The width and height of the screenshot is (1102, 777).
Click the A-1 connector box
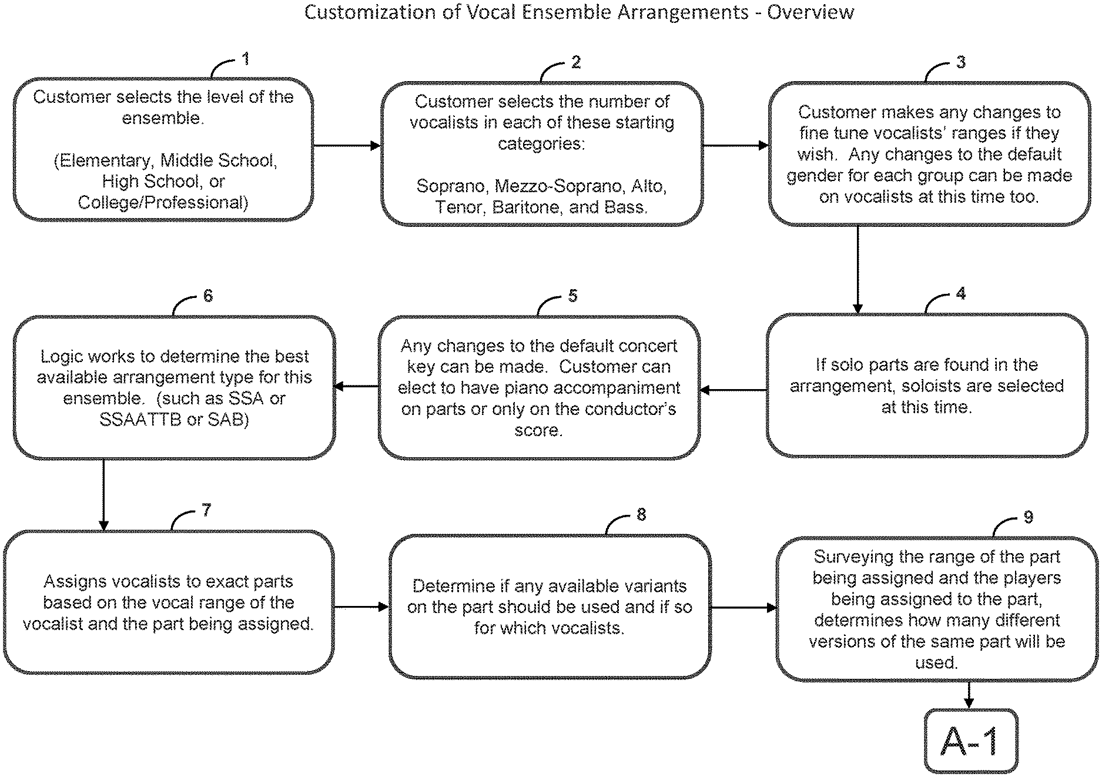coord(970,742)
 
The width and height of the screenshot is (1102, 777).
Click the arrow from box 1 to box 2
coord(347,146)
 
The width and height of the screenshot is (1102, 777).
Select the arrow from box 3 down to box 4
coord(858,270)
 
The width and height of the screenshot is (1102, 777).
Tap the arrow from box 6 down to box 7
coord(104,495)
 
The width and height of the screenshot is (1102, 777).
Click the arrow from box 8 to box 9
coord(743,608)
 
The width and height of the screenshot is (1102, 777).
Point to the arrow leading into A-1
coord(969,695)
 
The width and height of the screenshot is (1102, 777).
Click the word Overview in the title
coord(810,12)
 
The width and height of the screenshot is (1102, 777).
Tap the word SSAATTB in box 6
coord(140,420)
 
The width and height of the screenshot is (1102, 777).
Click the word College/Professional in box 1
coord(163,203)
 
